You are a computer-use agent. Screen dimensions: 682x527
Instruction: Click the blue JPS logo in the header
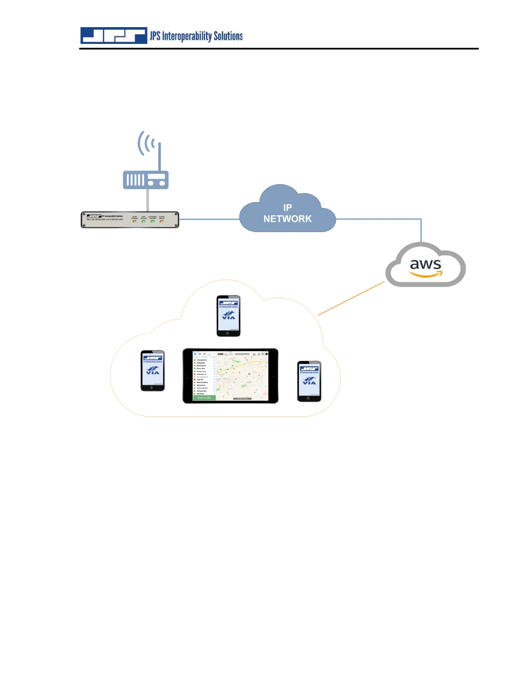[x=114, y=36]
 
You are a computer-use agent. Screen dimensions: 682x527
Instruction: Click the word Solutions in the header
[x=228, y=36]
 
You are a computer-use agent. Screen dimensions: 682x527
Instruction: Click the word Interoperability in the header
[x=187, y=36]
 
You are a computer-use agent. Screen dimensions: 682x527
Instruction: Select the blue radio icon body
[x=146, y=180]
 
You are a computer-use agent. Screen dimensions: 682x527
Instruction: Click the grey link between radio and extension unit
[x=148, y=200]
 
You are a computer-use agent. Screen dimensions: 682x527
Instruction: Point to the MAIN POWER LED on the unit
[x=135, y=221]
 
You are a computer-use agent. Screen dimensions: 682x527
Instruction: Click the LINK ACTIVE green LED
[x=144, y=221]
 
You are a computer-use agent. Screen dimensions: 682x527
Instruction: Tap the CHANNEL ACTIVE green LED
[x=152, y=221]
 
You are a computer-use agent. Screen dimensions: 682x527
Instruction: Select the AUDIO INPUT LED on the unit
[x=162, y=221]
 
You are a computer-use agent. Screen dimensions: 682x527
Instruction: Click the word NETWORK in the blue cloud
[x=288, y=219]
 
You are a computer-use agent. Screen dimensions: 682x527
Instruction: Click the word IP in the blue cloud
[x=288, y=208]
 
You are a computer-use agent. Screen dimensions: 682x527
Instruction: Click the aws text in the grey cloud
[x=425, y=264]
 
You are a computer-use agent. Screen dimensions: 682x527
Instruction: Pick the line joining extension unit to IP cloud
[x=209, y=219]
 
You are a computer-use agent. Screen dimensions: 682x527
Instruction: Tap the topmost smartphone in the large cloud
[x=228, y=316]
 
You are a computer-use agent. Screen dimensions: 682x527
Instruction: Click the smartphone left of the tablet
[x=153, y=371]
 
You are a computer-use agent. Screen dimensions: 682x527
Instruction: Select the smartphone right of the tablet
[x=309, y=381]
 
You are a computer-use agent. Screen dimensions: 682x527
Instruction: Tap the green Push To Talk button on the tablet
[x=204, y=398]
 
